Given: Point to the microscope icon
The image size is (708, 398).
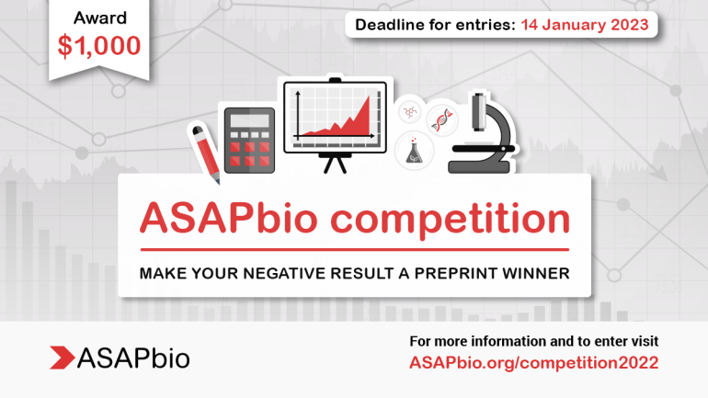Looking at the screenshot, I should [x=483, y=133].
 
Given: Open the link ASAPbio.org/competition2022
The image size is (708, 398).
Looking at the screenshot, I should [x=533, y=362].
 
